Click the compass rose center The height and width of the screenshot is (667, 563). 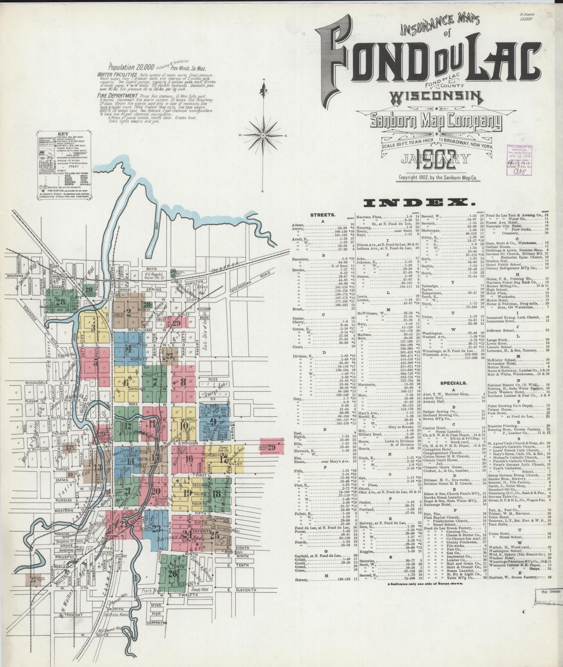(264, 135)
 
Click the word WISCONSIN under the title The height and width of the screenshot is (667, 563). (436, 96)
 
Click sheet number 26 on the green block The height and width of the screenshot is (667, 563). (173, 574)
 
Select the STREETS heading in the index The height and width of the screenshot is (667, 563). (323, 215)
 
